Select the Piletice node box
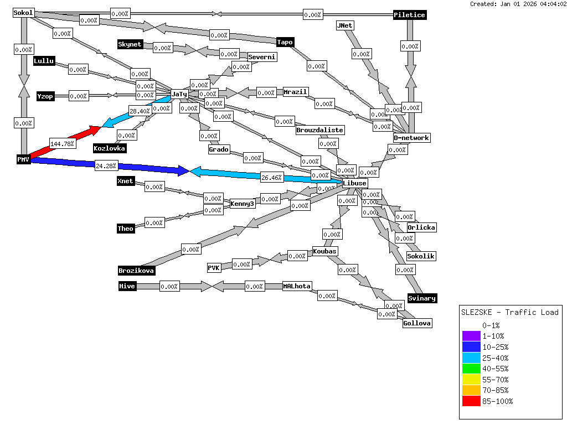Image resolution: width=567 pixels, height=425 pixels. tap(410, 15)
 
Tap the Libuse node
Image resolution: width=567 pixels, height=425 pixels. tap(354, 183)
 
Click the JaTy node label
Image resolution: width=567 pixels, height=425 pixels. tap(179, 94)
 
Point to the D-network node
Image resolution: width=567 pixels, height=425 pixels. tap(411, 137)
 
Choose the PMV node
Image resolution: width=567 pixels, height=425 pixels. tap(23, 159)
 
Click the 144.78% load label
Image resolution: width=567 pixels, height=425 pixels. tap(61, 144)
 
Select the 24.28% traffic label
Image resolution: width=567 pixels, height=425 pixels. tap(106, 165)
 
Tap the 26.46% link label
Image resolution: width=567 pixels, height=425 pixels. tap(272, 178)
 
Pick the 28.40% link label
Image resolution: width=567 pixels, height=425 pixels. tap(140, 111)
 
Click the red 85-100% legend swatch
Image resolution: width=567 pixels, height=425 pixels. tap(471, 401)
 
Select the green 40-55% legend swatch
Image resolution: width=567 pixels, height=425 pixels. tap(471, 369)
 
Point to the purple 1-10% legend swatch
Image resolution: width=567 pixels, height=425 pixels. tap(471, 336)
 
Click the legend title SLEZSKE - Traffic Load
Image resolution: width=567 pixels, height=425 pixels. tap(510, 312)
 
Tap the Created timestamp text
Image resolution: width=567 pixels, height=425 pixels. tap(517, 4)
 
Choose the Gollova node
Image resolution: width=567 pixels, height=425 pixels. tap(417, 323)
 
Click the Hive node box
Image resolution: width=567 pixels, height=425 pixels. tap(127, 286)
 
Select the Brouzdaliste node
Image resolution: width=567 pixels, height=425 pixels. tap(320, 130)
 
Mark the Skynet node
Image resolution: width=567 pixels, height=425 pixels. tap(130, 44)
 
